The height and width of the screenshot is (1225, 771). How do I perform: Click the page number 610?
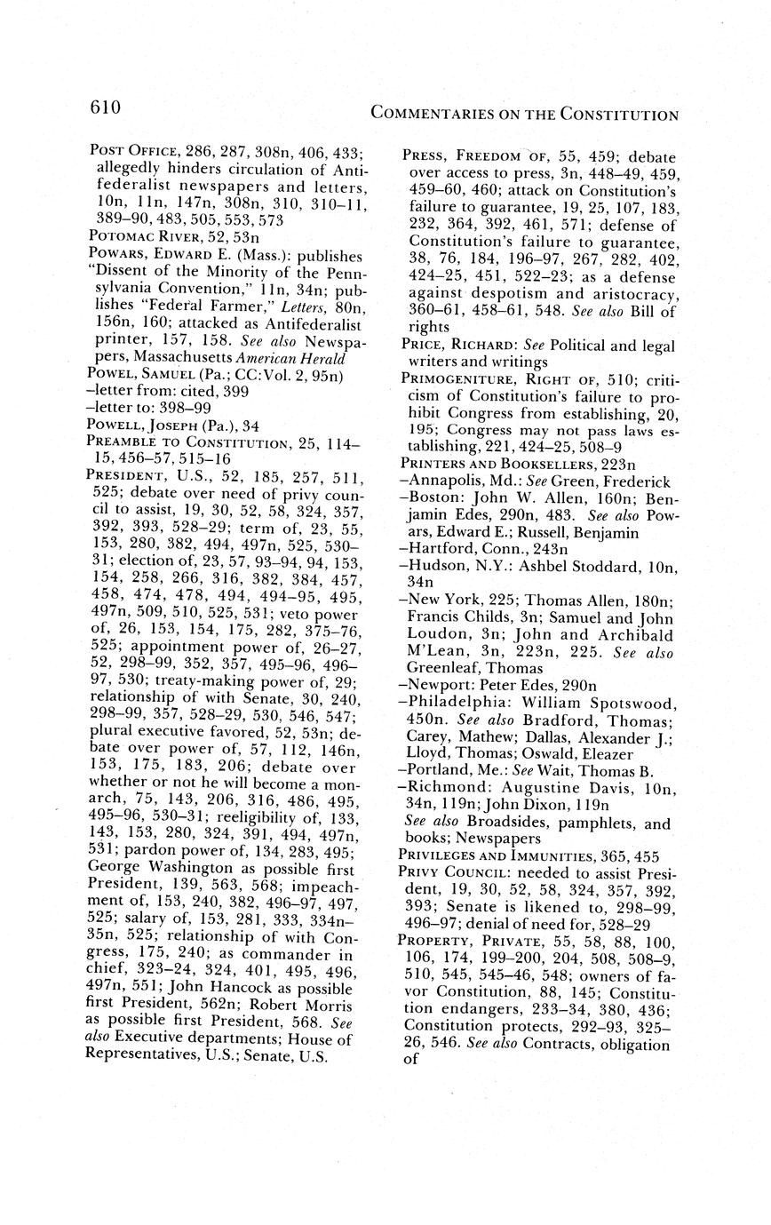[105, 108]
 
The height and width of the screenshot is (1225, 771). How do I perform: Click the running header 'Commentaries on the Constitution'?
[524, 115]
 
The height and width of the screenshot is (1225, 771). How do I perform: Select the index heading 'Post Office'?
[133, 152]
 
